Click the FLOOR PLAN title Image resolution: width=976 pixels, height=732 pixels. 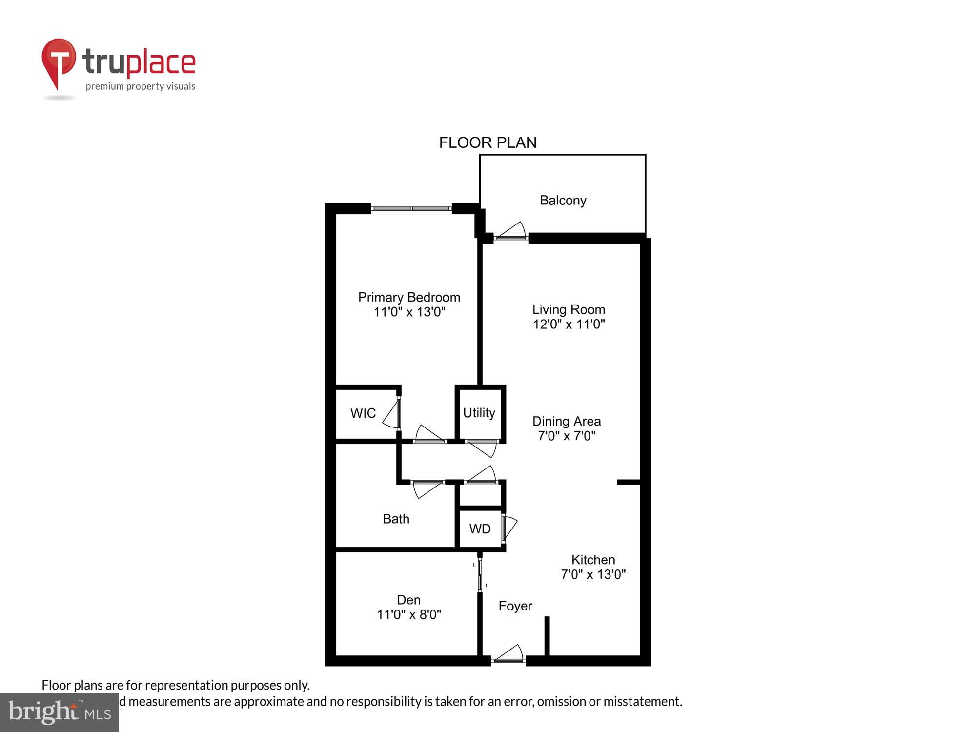coord(488,142)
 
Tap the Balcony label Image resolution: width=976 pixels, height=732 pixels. coord(563,201)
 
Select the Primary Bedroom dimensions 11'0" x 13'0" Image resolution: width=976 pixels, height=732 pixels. coord(409,312)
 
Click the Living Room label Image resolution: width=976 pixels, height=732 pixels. coord(569,309)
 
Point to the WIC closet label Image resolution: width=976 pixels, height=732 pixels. coord(363,413)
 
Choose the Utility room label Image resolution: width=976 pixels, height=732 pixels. coord(479,413)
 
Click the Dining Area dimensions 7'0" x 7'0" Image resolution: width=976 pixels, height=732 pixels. coord(567,436)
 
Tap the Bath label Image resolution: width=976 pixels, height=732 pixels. coord(396,519)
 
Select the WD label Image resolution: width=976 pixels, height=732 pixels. coord(480,529)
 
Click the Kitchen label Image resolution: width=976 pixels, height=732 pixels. coord(593,560)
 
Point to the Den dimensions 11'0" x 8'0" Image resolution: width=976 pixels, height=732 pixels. coord(409,614)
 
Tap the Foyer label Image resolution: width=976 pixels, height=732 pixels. coord(515,606)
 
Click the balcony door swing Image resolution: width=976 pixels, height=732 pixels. coord(511,231)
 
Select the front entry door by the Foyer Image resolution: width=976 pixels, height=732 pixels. coord(508,655)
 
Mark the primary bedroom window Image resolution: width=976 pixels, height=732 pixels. coord(411,209)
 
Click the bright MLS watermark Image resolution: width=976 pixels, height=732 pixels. coord(60,712)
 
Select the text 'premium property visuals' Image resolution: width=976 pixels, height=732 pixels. coord(141,87)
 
